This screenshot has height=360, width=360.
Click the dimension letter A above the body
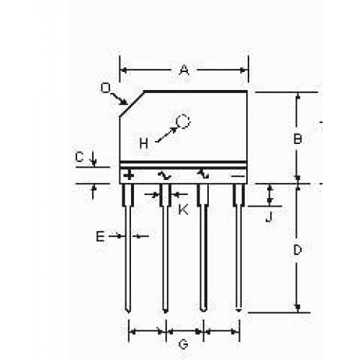(x=184, y=71)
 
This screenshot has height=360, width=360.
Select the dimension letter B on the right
(x=297, y=139)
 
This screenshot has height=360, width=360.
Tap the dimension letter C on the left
(x=79, y=158)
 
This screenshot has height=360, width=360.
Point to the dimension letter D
(x=297, y=251)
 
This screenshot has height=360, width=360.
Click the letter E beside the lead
(x=100, y=237)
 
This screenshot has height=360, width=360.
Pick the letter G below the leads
(x=184, y=345)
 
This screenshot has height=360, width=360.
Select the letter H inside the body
(x=144, y=144)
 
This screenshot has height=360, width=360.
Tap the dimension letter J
(x=269, y=217)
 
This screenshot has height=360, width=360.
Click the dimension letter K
(x=184, y=210)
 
